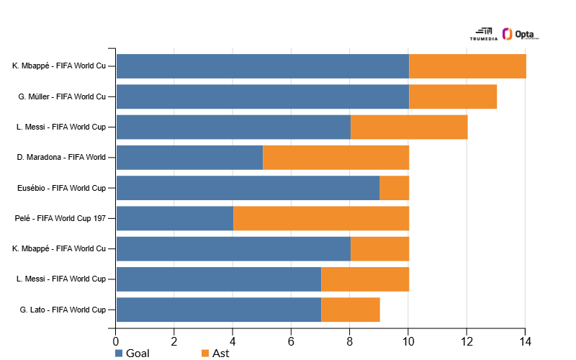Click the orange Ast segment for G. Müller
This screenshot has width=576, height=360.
tap(453, 96)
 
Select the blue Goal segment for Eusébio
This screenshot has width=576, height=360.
tap(248, 188)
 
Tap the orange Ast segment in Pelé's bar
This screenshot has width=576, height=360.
tap(321, 218)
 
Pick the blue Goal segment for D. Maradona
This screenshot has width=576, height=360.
tap(189, 157)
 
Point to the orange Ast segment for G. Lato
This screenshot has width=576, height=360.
tap(351, 310)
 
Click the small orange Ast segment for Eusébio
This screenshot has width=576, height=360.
tap(395, 188)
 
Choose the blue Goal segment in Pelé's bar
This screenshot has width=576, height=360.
tap(175, 218)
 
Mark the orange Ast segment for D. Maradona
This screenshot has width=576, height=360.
tap(336, 157)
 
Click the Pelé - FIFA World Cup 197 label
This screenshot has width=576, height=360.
tap(60, 218)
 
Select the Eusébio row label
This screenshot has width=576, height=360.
tap(61, 188)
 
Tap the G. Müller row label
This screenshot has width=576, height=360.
tap(62, 96)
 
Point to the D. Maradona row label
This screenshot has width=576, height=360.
tap(61, 157)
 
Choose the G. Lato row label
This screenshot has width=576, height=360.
tap(63, 310)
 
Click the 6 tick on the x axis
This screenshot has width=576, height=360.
tap(291, 342)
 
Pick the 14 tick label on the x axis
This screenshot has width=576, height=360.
tap(526, 342)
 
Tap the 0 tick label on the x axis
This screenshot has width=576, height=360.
tap(116, 342)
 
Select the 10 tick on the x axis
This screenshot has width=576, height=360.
tap(408, 342)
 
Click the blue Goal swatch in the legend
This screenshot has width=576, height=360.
tap(119, 354)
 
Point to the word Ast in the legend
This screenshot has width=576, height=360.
tap(221, 354)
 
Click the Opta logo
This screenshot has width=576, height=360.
tap(521, 34)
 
